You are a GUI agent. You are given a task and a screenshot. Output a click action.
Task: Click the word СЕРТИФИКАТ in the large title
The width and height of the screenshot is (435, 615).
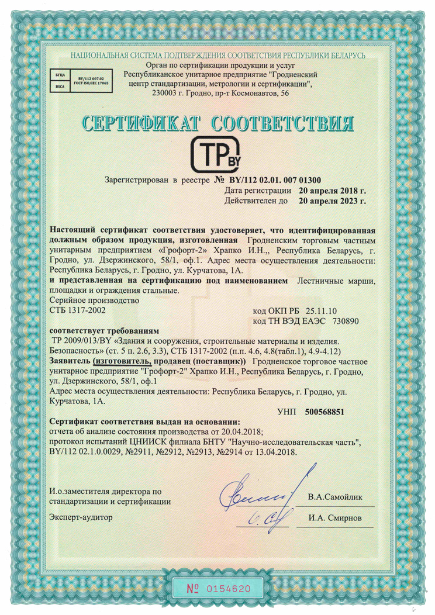pos(139,123)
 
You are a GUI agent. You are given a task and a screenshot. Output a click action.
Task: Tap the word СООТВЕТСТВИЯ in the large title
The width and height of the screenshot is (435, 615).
pos(282,123)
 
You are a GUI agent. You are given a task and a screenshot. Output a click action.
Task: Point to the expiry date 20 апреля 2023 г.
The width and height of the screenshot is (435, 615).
pos(332,201)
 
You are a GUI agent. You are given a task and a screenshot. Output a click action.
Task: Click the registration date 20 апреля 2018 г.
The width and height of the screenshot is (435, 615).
pos(332,191)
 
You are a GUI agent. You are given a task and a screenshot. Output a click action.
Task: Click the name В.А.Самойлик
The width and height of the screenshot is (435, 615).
pos(336,497)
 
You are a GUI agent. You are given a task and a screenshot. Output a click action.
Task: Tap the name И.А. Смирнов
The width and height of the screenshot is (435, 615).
pos(336,518)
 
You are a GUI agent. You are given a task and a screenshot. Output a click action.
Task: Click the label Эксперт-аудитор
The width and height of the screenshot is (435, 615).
pos(80,517)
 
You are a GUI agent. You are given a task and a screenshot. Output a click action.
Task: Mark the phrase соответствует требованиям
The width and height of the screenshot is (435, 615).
pos(101,330)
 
